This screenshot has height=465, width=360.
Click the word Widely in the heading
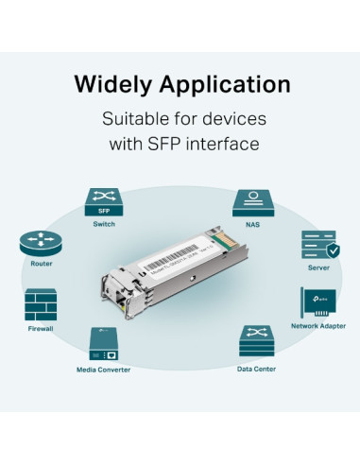110,84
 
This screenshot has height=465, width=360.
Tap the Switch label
104,225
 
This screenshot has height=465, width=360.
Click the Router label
42,267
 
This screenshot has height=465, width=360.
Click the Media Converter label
103,369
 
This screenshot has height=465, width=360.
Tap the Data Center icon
257,340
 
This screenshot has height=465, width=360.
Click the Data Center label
257,369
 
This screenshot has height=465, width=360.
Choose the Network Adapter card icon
318,302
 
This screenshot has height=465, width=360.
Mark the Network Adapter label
318,326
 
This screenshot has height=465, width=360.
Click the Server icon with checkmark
318,245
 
